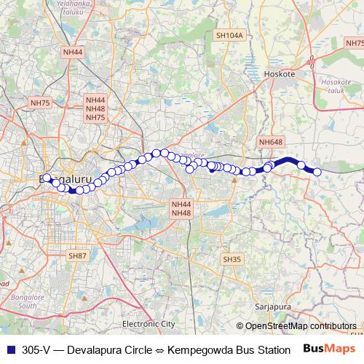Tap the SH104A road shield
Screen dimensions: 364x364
(229, 35)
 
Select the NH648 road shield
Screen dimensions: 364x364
(269, 143)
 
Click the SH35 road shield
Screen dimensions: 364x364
(232, 259)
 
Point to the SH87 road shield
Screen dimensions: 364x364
(77, 256)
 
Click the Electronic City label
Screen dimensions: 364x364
(149, 323)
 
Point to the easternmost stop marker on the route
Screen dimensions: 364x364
(317, 172)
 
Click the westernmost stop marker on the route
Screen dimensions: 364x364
(47, 178)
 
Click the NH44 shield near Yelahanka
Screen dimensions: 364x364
(73, 52)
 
